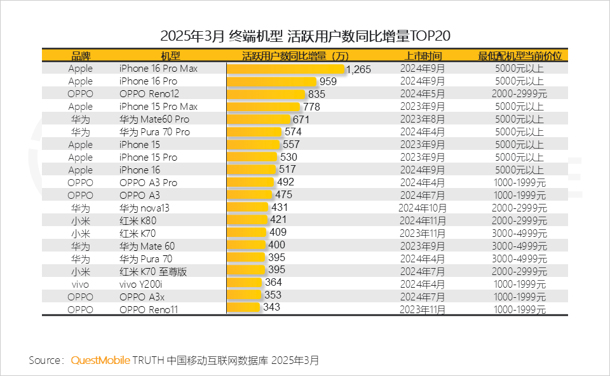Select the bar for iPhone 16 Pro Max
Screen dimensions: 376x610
tap(285, 69)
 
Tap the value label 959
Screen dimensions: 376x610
tap(328, 81)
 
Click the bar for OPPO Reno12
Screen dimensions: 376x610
tap(266, 94)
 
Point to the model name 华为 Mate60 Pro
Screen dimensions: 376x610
tap(154, 119)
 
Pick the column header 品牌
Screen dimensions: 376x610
tap(81, 56)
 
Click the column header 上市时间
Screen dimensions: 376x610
tap(423, 56)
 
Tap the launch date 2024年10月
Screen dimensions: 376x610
tap(423, 208)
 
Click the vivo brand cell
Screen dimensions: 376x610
tap(81, 284)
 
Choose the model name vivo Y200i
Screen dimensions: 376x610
tap(145, 284)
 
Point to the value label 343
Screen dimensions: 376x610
tap(271, 307)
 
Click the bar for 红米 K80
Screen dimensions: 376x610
tap(247, 220)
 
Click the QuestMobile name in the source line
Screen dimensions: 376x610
tap(100, 360)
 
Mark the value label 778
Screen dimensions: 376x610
tap(311, 107)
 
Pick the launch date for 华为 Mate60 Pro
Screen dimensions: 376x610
tap(423, 119)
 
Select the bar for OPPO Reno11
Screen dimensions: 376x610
tap(243, 308)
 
